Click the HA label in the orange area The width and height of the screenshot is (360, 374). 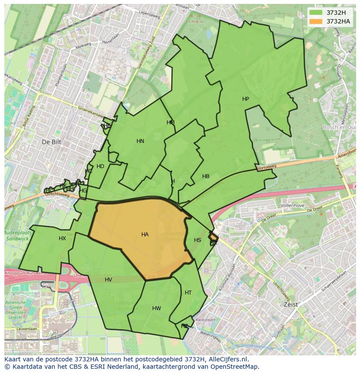(x=145, y=235)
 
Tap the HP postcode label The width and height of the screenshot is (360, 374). (x=246, y=99)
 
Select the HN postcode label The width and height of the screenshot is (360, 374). (x=140, y=141)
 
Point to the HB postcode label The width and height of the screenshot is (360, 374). (x=206, y=176)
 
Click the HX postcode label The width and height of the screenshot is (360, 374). (x=62, y=238)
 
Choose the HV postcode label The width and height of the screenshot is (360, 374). (x=108, y=280)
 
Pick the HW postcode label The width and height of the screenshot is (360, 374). (x=157, y=308)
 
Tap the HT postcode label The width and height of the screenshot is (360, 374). (x=188, y=293)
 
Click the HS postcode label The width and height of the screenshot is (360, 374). (x=197, y=240)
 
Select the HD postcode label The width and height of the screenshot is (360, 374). (x=100, y=166)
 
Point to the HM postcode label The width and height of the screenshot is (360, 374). (x=170, y=122)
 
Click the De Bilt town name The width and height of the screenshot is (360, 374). (x=52, y=142)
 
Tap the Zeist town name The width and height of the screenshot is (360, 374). (x=290, y=304)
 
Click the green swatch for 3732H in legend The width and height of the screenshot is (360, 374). (x=316, y=12)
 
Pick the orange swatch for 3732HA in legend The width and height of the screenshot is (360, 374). (x=316, y=21)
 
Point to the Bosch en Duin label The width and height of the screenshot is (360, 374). (x=340, y=127)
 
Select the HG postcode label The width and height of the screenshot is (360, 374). (x=83, y=191)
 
